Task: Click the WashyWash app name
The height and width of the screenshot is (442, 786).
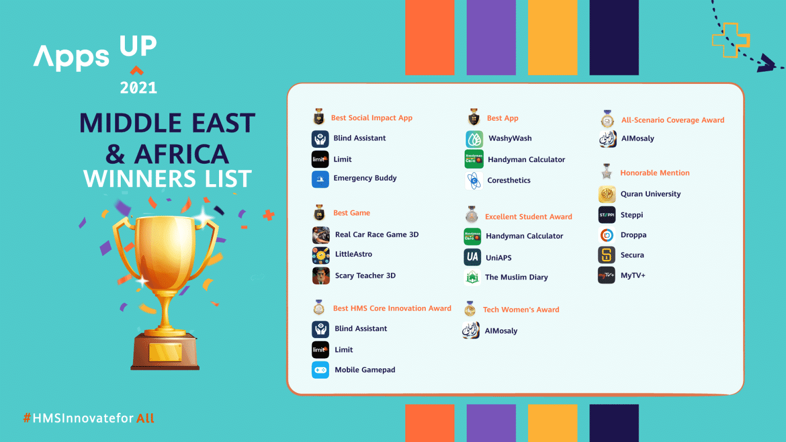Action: [510, 139]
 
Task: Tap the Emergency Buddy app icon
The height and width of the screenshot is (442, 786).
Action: [320, 179]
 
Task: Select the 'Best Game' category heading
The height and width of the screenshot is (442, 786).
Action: [352, 213]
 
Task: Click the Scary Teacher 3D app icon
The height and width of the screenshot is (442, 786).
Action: [321, 276]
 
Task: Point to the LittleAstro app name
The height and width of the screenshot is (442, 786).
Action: [353, 254]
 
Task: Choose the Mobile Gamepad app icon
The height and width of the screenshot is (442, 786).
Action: [320, 370]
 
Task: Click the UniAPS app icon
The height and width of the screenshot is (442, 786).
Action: [472, 257]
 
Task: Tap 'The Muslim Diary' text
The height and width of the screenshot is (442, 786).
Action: [516, 277]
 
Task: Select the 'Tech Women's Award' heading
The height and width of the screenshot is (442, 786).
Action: [520, 310]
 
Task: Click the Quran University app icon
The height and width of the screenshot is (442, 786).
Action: [607, 194]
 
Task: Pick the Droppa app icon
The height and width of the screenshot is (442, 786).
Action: [607, 235]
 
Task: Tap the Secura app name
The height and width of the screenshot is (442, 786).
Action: [632, 255]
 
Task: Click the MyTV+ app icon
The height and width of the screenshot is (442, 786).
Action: [607, 275]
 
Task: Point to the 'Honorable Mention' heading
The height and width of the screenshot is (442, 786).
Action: [654, 173]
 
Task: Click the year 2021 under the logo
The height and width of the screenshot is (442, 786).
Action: [138, 88]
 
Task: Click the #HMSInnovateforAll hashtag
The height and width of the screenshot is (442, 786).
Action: [89, 418]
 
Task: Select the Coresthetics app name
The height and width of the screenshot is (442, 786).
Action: [509, 181]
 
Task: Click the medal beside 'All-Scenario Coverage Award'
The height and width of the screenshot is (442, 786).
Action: [607, 119]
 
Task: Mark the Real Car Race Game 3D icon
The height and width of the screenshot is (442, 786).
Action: [321, 235]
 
